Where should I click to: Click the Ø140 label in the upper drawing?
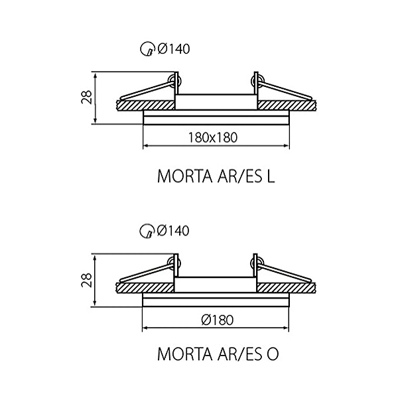[174, 48]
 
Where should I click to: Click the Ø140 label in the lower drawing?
[173, 231]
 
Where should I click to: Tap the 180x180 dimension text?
[213, 137]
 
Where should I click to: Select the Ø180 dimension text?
[218, 320]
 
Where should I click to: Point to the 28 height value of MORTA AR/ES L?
[86, 97]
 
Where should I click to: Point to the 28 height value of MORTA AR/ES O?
[86, 280]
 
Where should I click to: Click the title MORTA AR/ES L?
[216, 176]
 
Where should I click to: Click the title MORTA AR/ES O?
[218, 354]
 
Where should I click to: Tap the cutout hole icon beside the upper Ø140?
[147, 48]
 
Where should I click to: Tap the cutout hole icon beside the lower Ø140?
[147, 231]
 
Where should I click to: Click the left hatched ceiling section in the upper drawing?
[146, 105]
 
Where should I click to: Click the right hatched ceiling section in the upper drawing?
[287, 105]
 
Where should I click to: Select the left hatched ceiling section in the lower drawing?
[145, 288]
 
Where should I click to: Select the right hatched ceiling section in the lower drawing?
[287, 288]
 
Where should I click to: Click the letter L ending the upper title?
[271, 176]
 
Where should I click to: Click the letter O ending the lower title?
[273, 354]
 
